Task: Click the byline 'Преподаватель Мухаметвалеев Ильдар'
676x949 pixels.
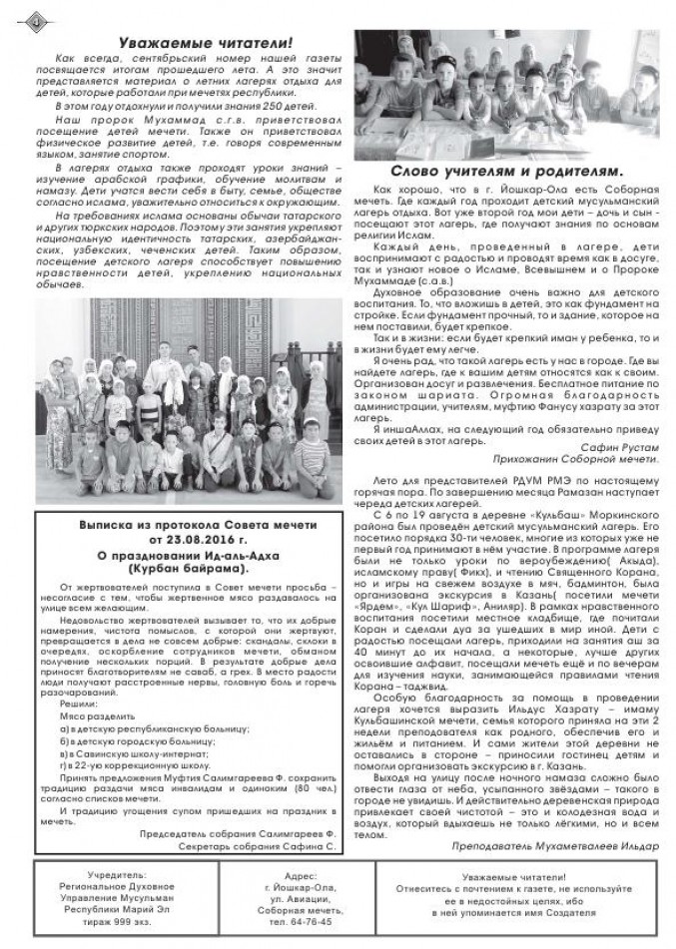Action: [554, 844]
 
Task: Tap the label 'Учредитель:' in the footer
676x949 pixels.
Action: [116, 874]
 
